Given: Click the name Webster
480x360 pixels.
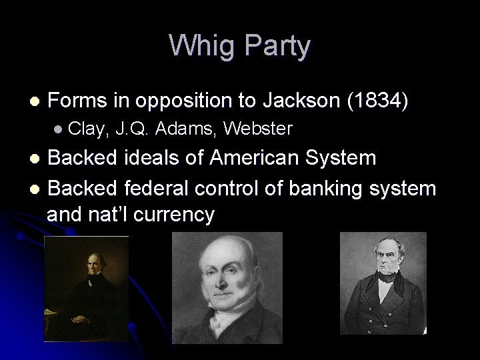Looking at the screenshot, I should [258, 129].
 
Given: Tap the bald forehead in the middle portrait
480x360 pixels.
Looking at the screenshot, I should [226, 257].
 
